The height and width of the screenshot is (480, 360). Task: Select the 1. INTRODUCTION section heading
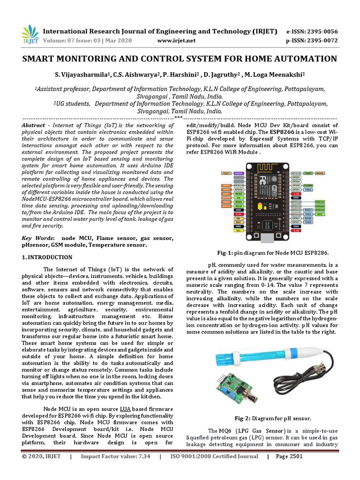click(47, 257)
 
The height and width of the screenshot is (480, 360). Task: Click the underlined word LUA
click(125, 408)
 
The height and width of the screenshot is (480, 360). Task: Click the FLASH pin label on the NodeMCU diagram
click(308, 185)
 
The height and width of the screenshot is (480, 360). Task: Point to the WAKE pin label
click(321, 173)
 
